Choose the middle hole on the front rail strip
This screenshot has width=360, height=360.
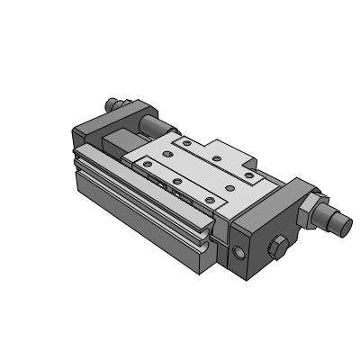click(x=176, y=180)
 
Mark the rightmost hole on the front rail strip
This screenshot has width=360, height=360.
click(x=208, y=196)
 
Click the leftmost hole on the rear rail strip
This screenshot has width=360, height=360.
click(x=184, y=141)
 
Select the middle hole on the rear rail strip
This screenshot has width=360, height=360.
click(x=217, y=157)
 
